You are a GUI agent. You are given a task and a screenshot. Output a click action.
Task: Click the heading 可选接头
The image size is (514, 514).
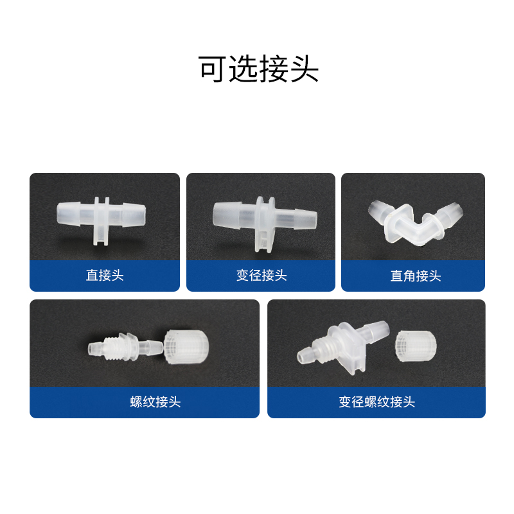point(259,69)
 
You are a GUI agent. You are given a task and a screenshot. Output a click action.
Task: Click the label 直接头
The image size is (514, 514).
point(105,275)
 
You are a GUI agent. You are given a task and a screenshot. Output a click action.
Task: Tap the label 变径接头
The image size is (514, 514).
point(261,275)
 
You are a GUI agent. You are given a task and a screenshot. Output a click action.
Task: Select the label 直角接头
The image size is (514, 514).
point(415,276)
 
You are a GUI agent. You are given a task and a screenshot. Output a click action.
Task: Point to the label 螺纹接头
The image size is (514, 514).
point(155,402)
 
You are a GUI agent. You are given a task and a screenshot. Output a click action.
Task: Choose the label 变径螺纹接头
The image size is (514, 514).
point(377,402)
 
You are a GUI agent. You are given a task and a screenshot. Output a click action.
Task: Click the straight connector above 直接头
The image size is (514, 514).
point(101,220)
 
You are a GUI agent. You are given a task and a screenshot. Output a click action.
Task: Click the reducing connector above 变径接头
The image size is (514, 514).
point(265,224)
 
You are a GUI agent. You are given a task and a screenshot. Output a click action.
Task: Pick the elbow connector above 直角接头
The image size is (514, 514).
point(416,222)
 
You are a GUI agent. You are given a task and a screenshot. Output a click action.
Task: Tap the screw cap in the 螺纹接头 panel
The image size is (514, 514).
point(186,347)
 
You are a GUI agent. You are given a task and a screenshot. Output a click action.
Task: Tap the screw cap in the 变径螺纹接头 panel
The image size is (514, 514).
point(416,346)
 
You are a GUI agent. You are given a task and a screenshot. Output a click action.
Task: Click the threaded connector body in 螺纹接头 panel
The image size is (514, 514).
point(125,347)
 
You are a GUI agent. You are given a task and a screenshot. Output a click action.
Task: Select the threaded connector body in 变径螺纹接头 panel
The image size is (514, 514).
point(343,348)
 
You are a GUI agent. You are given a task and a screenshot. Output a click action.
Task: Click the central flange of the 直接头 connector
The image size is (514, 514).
point(102,220)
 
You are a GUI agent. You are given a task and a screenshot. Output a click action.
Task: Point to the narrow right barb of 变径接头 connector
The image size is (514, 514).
point(305,219)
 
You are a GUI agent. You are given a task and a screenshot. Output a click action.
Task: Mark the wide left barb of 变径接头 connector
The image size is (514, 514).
point(227,214)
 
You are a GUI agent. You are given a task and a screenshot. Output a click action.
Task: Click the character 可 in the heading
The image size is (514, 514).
point(212,69)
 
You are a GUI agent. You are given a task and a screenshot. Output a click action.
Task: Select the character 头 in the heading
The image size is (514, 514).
point(305,69)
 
